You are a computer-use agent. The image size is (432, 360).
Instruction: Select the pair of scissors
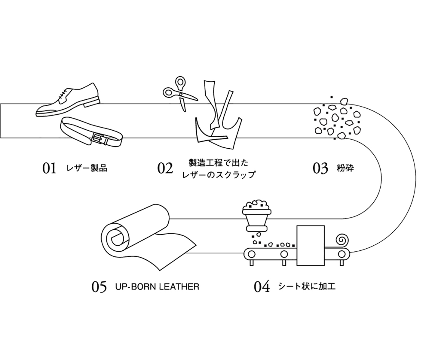[x=179, y=93]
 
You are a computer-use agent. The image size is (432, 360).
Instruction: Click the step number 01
[x=49, y=168]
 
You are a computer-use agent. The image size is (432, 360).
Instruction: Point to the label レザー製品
[x=87, y=168]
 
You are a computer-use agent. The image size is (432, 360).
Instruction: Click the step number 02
[x=165, y=168]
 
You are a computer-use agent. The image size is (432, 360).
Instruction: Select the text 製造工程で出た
[x=219, y=163]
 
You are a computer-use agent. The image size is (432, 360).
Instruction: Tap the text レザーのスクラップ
[x=219, y=175]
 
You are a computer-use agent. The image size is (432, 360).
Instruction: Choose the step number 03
[x=320, y=168]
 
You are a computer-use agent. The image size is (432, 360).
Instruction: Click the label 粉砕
[x=345, y=168]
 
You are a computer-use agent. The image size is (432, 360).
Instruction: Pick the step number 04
[x=262, y=287]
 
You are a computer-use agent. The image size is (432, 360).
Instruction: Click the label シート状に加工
[x=307, y=286]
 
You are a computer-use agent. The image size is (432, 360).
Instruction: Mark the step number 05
[x=99, y=287]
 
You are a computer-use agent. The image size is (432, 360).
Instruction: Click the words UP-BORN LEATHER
[x=157, y=286]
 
